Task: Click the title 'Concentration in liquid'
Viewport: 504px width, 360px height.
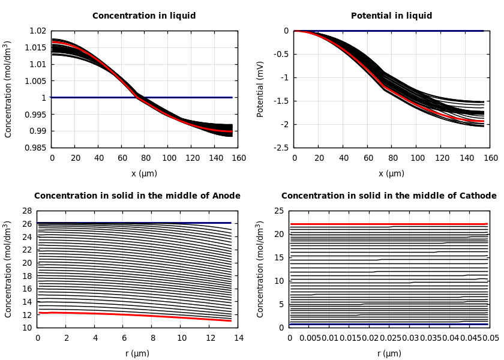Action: [x=144, y=16]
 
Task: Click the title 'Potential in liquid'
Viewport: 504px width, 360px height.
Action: [x=391, y=16]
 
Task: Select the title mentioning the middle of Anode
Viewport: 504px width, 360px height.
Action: [x=137, y=196]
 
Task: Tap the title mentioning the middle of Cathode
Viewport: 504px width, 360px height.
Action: [x=389, y=196]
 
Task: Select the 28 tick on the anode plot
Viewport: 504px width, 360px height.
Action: [x=26, y=211]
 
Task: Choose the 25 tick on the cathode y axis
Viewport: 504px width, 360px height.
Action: [x=278, y=211]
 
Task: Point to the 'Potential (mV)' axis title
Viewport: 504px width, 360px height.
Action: [x=260, y=89]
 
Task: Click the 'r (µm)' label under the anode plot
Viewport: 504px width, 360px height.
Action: [x=137, y=353]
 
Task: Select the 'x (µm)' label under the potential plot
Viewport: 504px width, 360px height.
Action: [x=391, y=173]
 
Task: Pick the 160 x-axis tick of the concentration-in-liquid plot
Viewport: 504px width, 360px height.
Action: [x=238, y=158]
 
